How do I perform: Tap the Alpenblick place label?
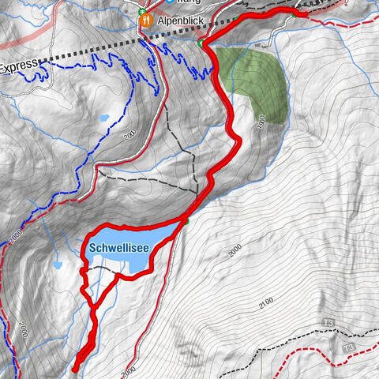point(174,24)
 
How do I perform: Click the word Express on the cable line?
point(18,69)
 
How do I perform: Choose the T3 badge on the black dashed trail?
point(328,323)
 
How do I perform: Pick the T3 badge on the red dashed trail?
point(347,347)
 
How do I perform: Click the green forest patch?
point(253,83)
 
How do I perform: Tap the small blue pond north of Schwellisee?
point(103,118)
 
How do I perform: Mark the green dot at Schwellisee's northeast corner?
point(186,221)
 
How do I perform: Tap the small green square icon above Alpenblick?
point(141,12)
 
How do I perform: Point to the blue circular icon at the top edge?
point(168,2)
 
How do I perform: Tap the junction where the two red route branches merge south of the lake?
point(93,306)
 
